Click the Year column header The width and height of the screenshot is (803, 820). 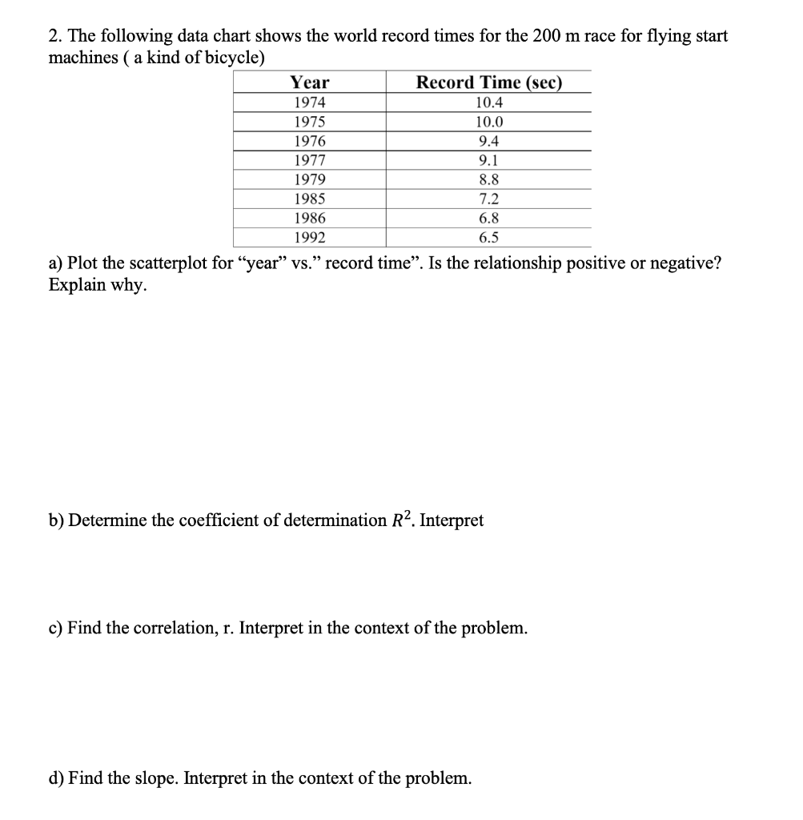coord(309,82)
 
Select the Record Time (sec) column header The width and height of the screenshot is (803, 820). coord(489,82)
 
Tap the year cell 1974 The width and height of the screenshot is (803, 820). coord(309,102)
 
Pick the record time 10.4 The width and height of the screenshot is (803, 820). coord(489,102)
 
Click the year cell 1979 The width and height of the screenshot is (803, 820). coord(309,180)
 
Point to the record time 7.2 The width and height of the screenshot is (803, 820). coord(489,199)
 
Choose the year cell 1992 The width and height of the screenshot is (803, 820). coord(309,238)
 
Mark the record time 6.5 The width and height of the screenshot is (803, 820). coord(489,238)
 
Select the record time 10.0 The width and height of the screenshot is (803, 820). coord(489,123)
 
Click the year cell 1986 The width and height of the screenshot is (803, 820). coord(309,219)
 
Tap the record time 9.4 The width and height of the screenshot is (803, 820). coord(489,142)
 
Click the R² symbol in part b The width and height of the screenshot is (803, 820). coord(399,520)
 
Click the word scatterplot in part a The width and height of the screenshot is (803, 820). coord(169,264)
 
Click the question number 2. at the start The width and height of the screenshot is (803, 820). coord(55,37)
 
